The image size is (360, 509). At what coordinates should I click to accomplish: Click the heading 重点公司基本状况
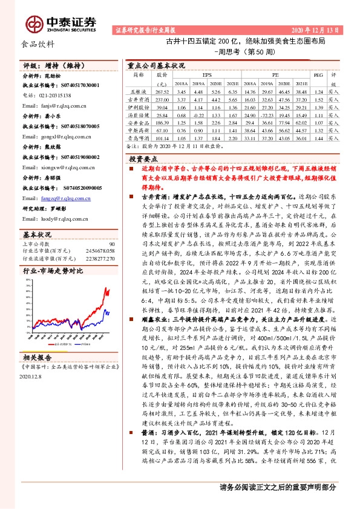(x=156, y=65)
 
